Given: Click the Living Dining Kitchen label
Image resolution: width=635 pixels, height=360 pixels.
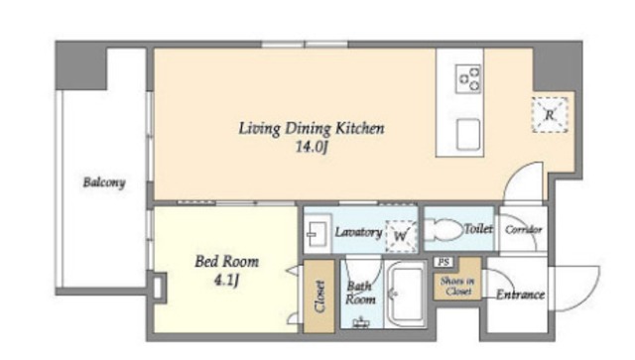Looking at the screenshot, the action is click(x=311, y=129).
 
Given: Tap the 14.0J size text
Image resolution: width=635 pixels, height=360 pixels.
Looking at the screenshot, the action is click(x=311, y=147).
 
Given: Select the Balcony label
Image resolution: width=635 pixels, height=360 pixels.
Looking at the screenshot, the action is click(x=104, y=182).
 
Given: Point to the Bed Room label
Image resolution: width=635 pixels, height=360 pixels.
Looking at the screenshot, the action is click(x=227, y=261).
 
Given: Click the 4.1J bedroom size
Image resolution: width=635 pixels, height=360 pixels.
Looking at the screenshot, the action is click(x=226, y=280).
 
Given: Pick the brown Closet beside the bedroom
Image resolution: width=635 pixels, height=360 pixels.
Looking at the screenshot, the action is click(x=319, y=296).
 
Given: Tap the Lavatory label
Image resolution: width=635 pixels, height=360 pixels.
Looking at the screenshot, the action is click(x=358, y=232).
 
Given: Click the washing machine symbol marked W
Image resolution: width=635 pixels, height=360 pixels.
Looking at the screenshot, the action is click(x=401, y=236).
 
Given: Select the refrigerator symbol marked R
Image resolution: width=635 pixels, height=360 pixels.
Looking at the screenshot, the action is click(x=550, y=115).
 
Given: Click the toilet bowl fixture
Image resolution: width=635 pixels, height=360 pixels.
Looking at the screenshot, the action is click(x=444, y=230).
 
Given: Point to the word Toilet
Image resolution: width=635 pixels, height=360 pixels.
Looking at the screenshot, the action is click(x=478, y=229).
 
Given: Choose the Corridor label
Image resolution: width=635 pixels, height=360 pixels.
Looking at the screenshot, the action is click(x=523, y=230).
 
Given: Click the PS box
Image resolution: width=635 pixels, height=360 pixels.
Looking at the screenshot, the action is click(x=444, y=262).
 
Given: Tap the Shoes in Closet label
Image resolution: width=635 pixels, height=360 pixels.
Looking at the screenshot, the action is click(x=457, y=286).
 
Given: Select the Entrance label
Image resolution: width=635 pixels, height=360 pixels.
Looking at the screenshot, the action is click(x=520, y=295).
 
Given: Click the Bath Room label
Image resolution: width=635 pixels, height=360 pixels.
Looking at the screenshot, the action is click(x=360, y=293).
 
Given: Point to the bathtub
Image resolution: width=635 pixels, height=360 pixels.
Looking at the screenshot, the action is click(x=406, y=295).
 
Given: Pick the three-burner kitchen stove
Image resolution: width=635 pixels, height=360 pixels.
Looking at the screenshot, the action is click(x=468, y=79).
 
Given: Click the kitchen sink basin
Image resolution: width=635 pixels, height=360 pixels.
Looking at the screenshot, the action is click(x=468, y=135).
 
